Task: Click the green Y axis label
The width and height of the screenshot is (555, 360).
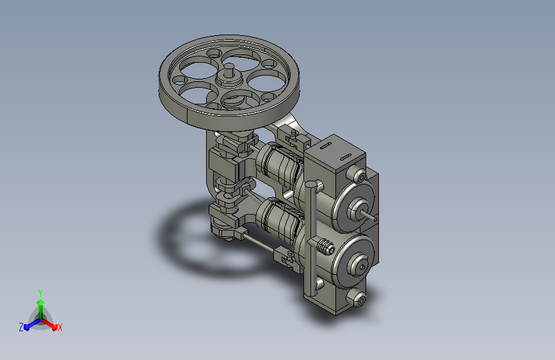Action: coord(40,293)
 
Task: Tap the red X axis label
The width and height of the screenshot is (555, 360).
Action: coord(60,327)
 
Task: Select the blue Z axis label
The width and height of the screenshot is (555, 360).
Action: coord(21,327)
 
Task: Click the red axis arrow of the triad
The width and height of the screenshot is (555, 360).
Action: coord(49,324)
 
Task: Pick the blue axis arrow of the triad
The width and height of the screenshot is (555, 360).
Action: coord(32,324)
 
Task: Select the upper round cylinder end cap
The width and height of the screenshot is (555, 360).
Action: coord(354,208)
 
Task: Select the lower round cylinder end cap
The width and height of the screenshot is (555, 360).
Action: coord(353,262)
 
